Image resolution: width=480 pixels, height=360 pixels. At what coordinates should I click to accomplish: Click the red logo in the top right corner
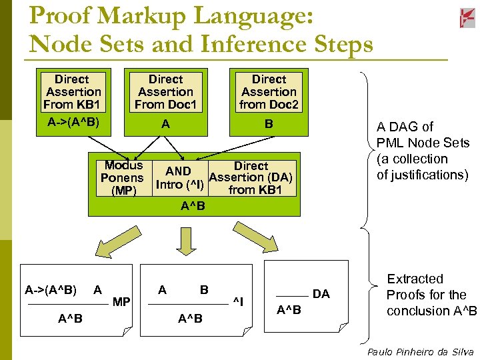(467, 18)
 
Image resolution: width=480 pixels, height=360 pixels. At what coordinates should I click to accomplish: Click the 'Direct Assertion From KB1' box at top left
(72, 92)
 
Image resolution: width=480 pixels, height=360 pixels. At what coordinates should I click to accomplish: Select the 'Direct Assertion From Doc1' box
(165, 92)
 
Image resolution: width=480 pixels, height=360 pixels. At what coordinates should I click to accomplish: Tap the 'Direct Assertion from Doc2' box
(269, 92)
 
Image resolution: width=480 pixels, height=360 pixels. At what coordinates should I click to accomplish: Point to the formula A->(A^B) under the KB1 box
(73, 123)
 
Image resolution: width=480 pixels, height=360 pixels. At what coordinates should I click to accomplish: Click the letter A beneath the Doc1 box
(165, 123)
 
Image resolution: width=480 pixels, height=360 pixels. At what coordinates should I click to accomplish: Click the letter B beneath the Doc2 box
(269, 123)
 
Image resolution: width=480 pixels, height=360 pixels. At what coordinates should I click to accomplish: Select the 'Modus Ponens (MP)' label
(122, 178)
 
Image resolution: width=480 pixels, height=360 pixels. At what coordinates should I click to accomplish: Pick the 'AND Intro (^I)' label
(179, 178)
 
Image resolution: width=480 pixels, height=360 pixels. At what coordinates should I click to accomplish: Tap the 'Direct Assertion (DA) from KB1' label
(251, 178)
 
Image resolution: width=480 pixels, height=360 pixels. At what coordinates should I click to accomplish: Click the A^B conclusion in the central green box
(193, 206)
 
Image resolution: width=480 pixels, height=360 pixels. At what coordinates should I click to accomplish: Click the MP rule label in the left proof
(121, 303)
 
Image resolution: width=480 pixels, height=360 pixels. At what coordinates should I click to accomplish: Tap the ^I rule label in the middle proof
(238, 303)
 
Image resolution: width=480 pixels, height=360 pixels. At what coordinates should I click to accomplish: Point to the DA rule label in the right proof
(321, 294)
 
